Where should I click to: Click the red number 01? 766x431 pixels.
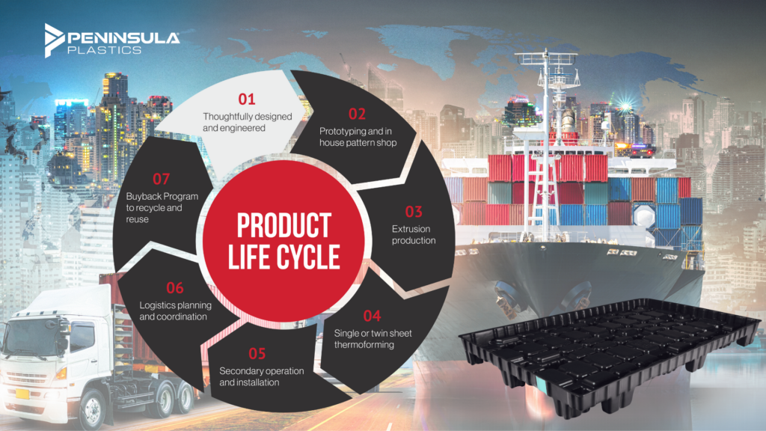[247, 99]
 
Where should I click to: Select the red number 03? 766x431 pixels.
[414, 211]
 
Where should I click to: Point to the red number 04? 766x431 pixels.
[372, 315]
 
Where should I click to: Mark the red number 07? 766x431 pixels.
[161, 179]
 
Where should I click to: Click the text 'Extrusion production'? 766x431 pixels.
[414, 234]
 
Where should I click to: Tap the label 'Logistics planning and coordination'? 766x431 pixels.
[173, 311]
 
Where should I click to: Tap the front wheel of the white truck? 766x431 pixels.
[94, 410]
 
